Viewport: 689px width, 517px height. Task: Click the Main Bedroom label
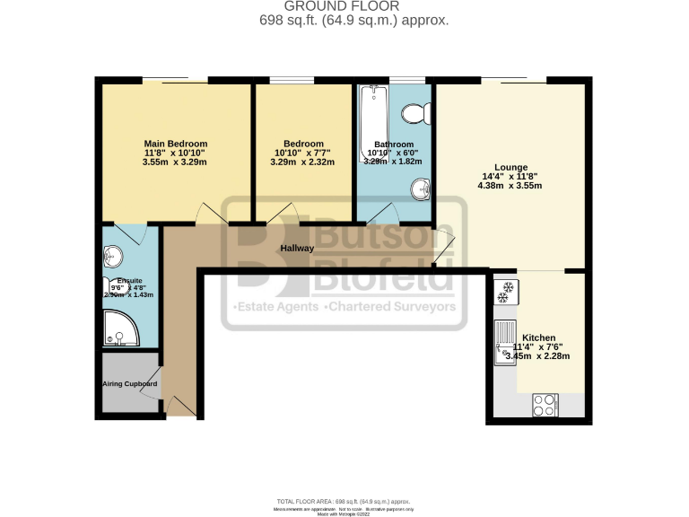[x=176, y=144]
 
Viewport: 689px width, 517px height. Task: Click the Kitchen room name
[x=538, y=337]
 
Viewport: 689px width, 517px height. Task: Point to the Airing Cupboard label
[x=129, y=384]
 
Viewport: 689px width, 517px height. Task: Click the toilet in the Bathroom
[x=415, y=114]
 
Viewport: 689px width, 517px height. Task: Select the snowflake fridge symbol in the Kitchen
[x=503, y=290]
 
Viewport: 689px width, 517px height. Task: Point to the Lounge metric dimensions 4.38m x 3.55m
[x=510, y=186]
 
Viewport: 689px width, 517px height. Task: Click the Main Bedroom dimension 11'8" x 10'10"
[x=176, y=153]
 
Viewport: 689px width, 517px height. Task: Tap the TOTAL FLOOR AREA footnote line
[x=344, y=501]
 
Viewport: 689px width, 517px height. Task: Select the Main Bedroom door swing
[x=211, y=212]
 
